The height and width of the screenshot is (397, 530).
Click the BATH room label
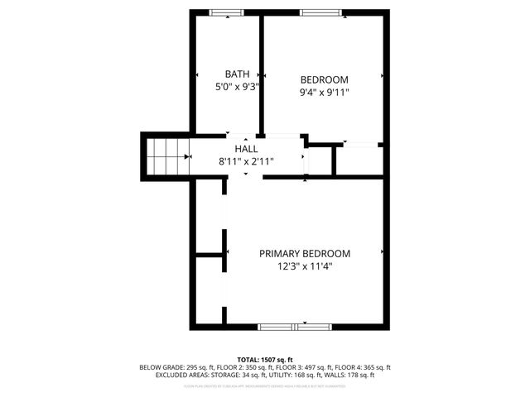[237, 74]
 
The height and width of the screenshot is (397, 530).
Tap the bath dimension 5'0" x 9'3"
[237, 85]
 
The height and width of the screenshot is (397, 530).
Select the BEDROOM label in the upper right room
[324, 79]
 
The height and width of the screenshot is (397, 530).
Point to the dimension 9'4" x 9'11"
[324, 92]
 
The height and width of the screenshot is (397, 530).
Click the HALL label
[246, 148]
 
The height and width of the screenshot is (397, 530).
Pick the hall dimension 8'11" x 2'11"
[246, 161]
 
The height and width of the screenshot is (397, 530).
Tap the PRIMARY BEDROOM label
[304, 254]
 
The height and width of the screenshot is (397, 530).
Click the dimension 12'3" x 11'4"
[304, 266]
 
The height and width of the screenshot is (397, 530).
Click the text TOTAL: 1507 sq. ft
[264, 359]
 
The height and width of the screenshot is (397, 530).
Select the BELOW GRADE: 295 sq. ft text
[173, 367]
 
